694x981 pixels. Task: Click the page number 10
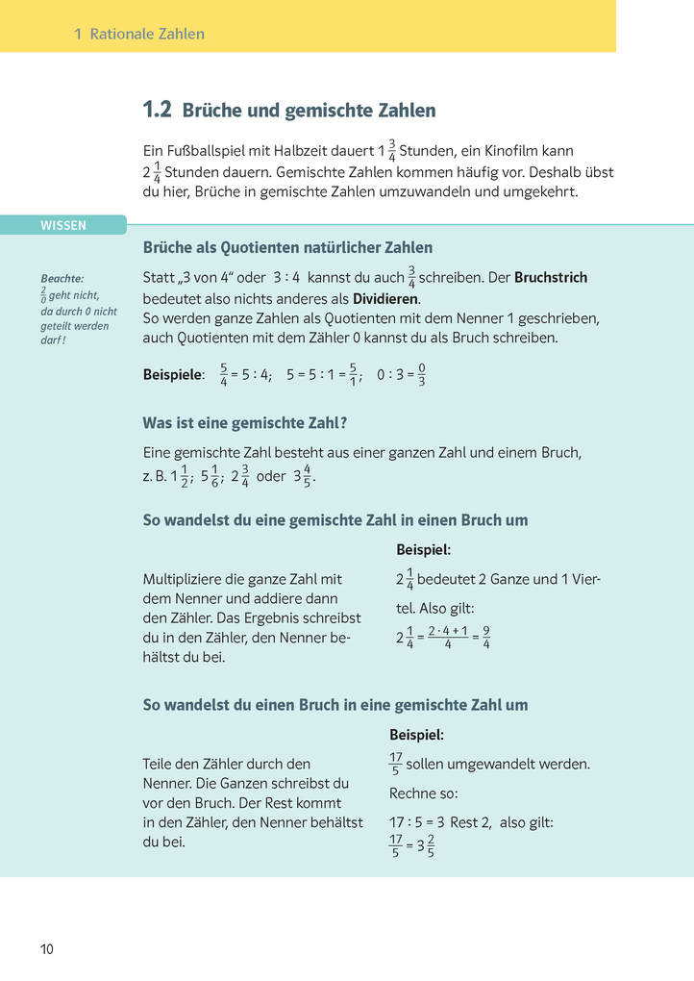click(x=47, y=949)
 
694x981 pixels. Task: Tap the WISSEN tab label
click(x=63, y=226)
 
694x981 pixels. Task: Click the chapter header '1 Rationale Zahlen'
click(x=139, y=34)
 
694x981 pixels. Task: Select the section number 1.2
click(x=157, y=110)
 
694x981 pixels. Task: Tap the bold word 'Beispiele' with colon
click(x=174, y=375)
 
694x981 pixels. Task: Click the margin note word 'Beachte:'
click(x=62, y=279)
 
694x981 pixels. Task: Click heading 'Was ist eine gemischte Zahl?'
click(x=244, y=422)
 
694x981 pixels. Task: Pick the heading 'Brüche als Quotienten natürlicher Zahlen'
click(x=287, y=247)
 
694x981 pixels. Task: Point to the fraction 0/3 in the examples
click(x=422, y=374)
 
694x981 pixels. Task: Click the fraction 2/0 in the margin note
click(x=43, y=295)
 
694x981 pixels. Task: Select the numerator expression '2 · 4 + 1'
click(x=448, y=631)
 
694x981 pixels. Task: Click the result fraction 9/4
click(x=486, y=637)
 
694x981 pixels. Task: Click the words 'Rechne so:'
click(x=424, y=793)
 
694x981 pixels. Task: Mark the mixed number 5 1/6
click(x=211, y=475)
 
